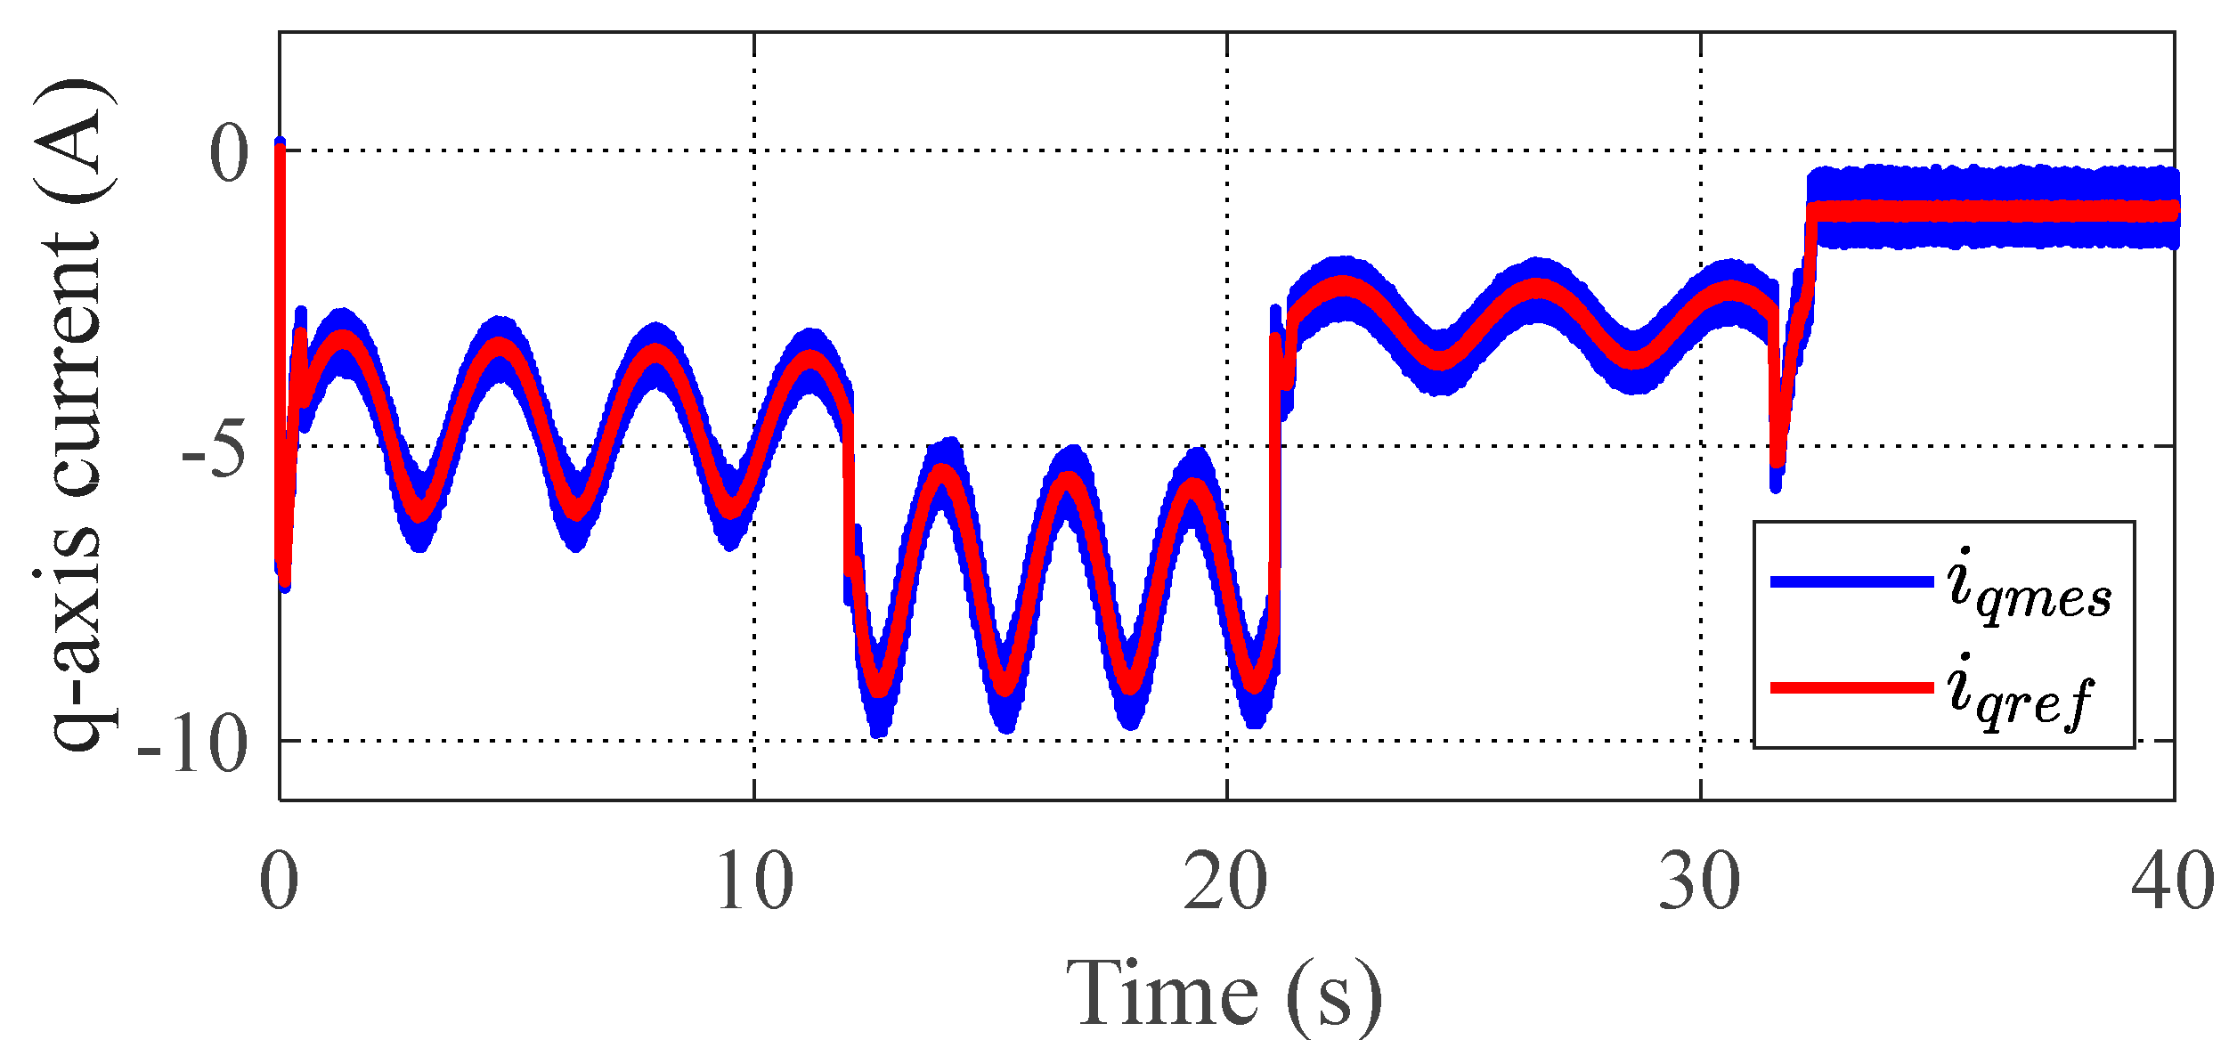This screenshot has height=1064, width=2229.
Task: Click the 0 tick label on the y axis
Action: pyautogui.click(x=229, y=153)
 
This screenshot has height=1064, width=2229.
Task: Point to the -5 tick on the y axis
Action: pyautogui.click(x=214, y=449)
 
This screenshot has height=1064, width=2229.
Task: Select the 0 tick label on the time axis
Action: pyautogui.click(x=279, y=882)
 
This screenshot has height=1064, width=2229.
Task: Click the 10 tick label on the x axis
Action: pyautogui.click(x=753, y=882)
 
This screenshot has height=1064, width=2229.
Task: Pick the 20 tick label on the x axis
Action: pyautogui.click(x=1225, y=882)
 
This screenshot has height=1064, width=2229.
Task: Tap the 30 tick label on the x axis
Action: pyautogui.click(x=1699, y=882)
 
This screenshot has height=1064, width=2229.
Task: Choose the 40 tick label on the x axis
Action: pyautogui.click(x=2173, y=882)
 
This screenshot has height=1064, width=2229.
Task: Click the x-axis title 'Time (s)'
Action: pyautogui.click(x=1224, y=995)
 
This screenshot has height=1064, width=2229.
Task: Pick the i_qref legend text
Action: pyautogui.click(x=2020, y=694)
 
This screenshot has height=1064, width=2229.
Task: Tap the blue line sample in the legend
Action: pyautogui.click(x=1851, y=582)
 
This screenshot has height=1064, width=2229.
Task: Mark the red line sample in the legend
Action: pyautogui.click(x=1851, y=688)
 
